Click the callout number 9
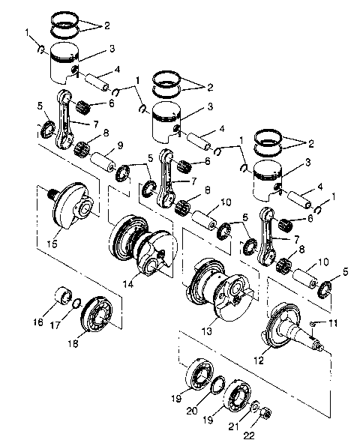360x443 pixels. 120,144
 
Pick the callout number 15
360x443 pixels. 52,244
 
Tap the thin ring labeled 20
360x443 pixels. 215,386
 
